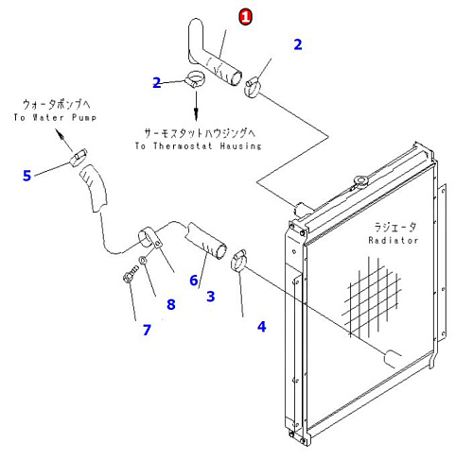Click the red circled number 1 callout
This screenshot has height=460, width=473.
246,17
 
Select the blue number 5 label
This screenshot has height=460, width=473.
27,176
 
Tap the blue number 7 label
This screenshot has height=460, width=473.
147,330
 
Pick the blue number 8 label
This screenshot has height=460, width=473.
171,304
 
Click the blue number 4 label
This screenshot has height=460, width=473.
262,327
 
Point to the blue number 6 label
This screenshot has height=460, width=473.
194,281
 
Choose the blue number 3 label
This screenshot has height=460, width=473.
211,297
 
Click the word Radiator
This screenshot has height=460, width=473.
394,241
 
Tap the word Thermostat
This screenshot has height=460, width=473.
183,146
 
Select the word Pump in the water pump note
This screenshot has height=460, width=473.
84,117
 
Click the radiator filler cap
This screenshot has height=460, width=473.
361,181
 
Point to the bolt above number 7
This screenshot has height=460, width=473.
130,274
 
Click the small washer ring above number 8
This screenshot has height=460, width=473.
143,260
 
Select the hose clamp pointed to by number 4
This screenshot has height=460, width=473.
238,260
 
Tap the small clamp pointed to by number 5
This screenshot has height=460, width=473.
78,158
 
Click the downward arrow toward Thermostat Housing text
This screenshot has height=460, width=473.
196,106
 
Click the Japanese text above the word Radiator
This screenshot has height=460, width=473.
395,227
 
